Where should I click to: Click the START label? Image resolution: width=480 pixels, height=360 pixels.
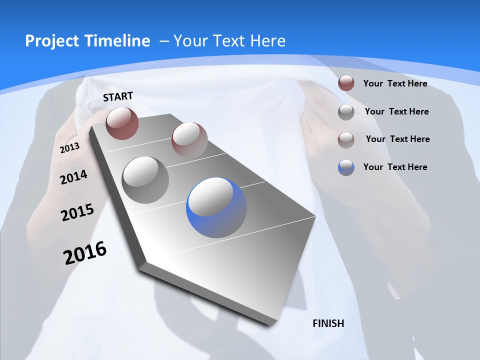pos(118,96)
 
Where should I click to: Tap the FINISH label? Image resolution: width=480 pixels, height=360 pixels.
pos(328,323)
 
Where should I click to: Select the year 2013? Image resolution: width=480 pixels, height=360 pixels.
pos(69,148)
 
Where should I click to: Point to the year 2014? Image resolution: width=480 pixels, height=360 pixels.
pos(73,177)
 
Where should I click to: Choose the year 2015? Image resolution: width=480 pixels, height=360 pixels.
pos(77,212)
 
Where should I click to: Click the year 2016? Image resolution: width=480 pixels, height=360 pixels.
pos(85,252)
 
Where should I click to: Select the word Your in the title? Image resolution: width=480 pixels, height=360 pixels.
pos(190,41)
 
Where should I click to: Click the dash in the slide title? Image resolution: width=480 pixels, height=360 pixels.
pos(164,41)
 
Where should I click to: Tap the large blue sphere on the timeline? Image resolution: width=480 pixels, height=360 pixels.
pos(216,207)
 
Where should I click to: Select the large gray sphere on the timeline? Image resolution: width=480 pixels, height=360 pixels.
pos(145,179)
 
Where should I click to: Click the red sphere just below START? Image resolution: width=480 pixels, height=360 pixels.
pos(122,123)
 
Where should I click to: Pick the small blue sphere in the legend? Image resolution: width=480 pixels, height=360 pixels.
pos(346,167)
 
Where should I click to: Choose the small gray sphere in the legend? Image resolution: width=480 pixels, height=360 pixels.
pos(346,112)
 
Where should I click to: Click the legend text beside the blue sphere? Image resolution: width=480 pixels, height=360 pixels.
pos(395,167)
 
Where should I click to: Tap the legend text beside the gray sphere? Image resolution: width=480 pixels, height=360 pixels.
pos(396,111)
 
